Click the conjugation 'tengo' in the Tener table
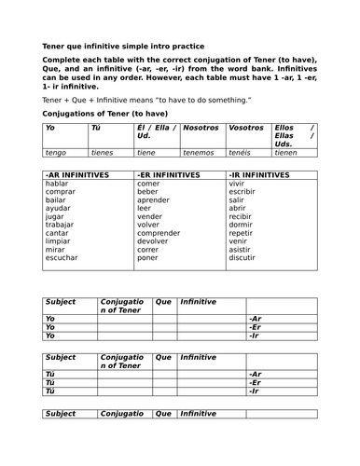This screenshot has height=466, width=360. click(x=56, y=152)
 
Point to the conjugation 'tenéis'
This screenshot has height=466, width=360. click(x=242, y=152)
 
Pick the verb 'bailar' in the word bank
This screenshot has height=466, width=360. click(x=56, y=200)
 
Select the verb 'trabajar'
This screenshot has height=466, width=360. click(x=60, y=225)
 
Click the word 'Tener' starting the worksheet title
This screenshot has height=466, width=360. click(x=55, y=46)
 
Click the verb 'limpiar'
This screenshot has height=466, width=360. click(x=58, y=241)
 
